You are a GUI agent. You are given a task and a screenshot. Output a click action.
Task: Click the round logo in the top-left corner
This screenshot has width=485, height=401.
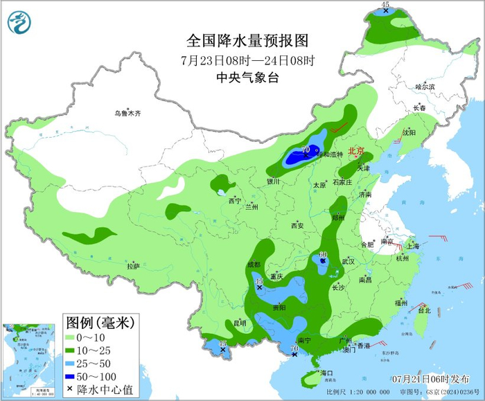tap(20, 22)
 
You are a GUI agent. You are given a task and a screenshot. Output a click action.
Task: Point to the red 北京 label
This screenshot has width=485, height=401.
tap(356, 150)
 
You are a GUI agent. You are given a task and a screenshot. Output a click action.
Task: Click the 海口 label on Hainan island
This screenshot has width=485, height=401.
tap(327, 373)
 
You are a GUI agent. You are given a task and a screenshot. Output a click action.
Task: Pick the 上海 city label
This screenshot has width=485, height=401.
tap(413, 245)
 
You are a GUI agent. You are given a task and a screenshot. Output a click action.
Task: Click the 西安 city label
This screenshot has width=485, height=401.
tap(297, 225)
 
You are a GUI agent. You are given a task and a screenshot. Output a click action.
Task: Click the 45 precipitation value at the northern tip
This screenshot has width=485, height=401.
tap(386, 6)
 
